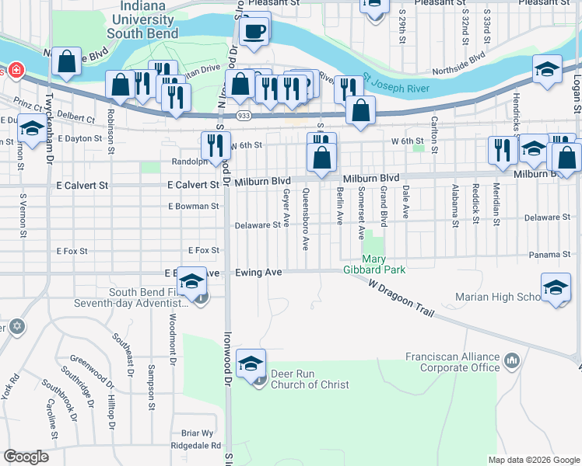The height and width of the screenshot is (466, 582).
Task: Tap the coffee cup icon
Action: click(x=254, y=31)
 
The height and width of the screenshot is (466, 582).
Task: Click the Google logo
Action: click(x=26, y=457)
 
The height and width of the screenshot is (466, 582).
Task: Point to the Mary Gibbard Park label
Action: click(x=384, y=264)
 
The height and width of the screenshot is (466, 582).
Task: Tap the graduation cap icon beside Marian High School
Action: click(x=555, y=289)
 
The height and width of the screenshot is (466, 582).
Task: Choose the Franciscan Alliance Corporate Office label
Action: click(x=452, y=362)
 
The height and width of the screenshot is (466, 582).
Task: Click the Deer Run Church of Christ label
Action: click(x=310, y=379)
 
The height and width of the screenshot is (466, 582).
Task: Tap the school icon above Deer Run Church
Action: click(x=251, y=364)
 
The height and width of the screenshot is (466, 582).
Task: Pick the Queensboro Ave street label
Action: click(x=306, y=218)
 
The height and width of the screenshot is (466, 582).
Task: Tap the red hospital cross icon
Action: click(x=16, y=71)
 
